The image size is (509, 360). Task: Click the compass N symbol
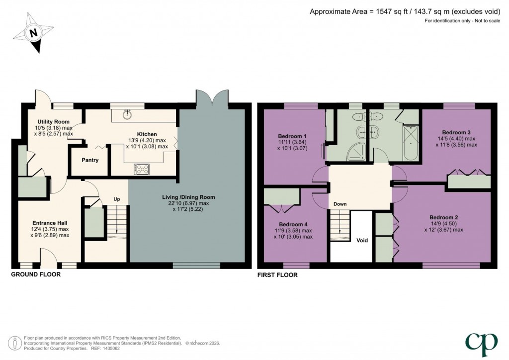click(33, 34)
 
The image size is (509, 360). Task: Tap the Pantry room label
click(90, 160)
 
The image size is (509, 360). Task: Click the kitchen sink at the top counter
click(128, 114)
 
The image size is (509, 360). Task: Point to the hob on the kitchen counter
click(141, 170)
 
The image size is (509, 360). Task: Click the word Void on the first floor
click(362, 240)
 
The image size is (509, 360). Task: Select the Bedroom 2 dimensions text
click(443, 230)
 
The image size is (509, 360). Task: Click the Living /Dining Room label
click(188, 197)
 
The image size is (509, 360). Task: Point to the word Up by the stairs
click(117, 199)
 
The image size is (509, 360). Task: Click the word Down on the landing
click(340, 204)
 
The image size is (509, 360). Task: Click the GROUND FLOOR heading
click(36, 274)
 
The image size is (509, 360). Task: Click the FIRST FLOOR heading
click(277, 274)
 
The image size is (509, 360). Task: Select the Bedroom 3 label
click(456, 132)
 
